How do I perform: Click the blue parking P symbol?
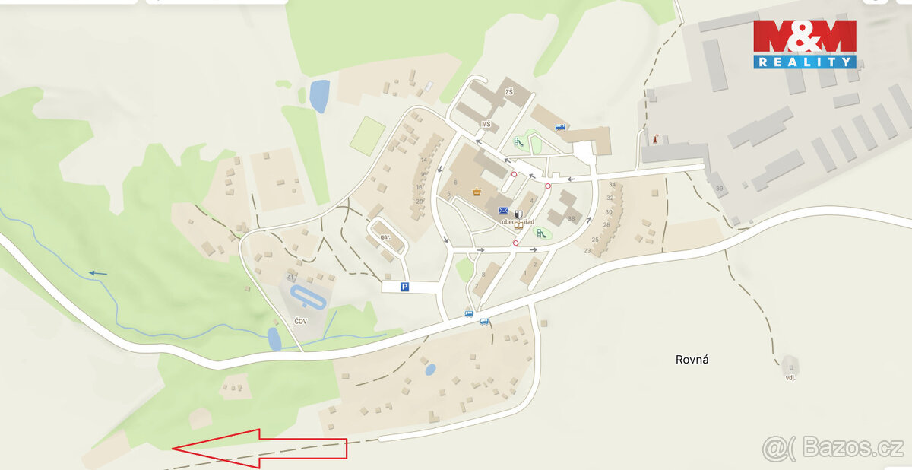(x=405, y=287)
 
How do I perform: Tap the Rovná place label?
(x=692, y=360)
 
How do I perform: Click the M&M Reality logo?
(x=805, y=44)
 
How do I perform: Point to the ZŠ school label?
(x=509, y=92)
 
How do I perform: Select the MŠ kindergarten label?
(x=486, y=124)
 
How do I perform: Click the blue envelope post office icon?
(x=503, y=211)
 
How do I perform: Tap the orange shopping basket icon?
(x=477, y=191)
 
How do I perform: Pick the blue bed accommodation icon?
(x=561, y=127)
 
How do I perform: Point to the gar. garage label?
(x=385, y=237)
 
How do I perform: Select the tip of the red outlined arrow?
(x=173, y=449)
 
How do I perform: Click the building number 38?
(x=571, y=218)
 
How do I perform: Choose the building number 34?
(x=611, y=185)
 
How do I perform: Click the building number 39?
(x=719, y=188)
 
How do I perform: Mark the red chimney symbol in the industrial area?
(x=654, y=138)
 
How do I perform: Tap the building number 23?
(x=587, y=250)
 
